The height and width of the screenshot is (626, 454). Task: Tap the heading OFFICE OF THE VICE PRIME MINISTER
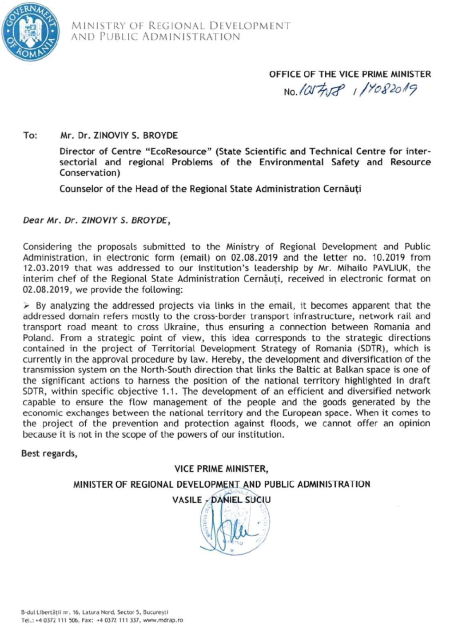click(350, 74)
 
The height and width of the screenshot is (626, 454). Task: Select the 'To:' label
click(30, 135)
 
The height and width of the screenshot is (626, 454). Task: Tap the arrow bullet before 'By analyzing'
click(26, 306)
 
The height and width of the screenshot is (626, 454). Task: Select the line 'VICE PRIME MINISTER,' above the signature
click(221, 468)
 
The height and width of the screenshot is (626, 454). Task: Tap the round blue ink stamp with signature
click(234, 525)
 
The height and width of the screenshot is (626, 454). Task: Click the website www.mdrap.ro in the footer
click(164, 620)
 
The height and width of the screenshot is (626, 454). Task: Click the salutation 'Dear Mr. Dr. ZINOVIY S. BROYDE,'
click(96, 219)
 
